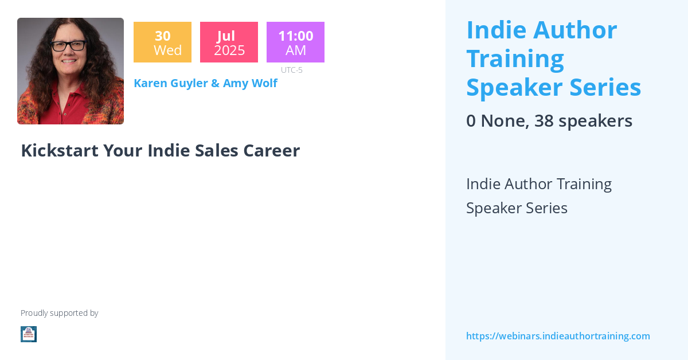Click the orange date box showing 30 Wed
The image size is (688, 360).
click(162, 42)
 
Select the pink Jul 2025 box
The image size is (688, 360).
click(229, 42)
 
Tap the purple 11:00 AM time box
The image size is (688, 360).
click(295, 42)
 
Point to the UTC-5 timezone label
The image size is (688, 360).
click(291, 70)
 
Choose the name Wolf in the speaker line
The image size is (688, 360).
click(264, 83)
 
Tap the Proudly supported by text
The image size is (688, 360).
click(59, 313)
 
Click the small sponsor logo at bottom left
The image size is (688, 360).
click(29, 334)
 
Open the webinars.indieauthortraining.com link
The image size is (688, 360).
click(558, 336)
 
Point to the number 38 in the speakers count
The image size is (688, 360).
click(544, 121)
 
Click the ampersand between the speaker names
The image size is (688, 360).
click(215, 83)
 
